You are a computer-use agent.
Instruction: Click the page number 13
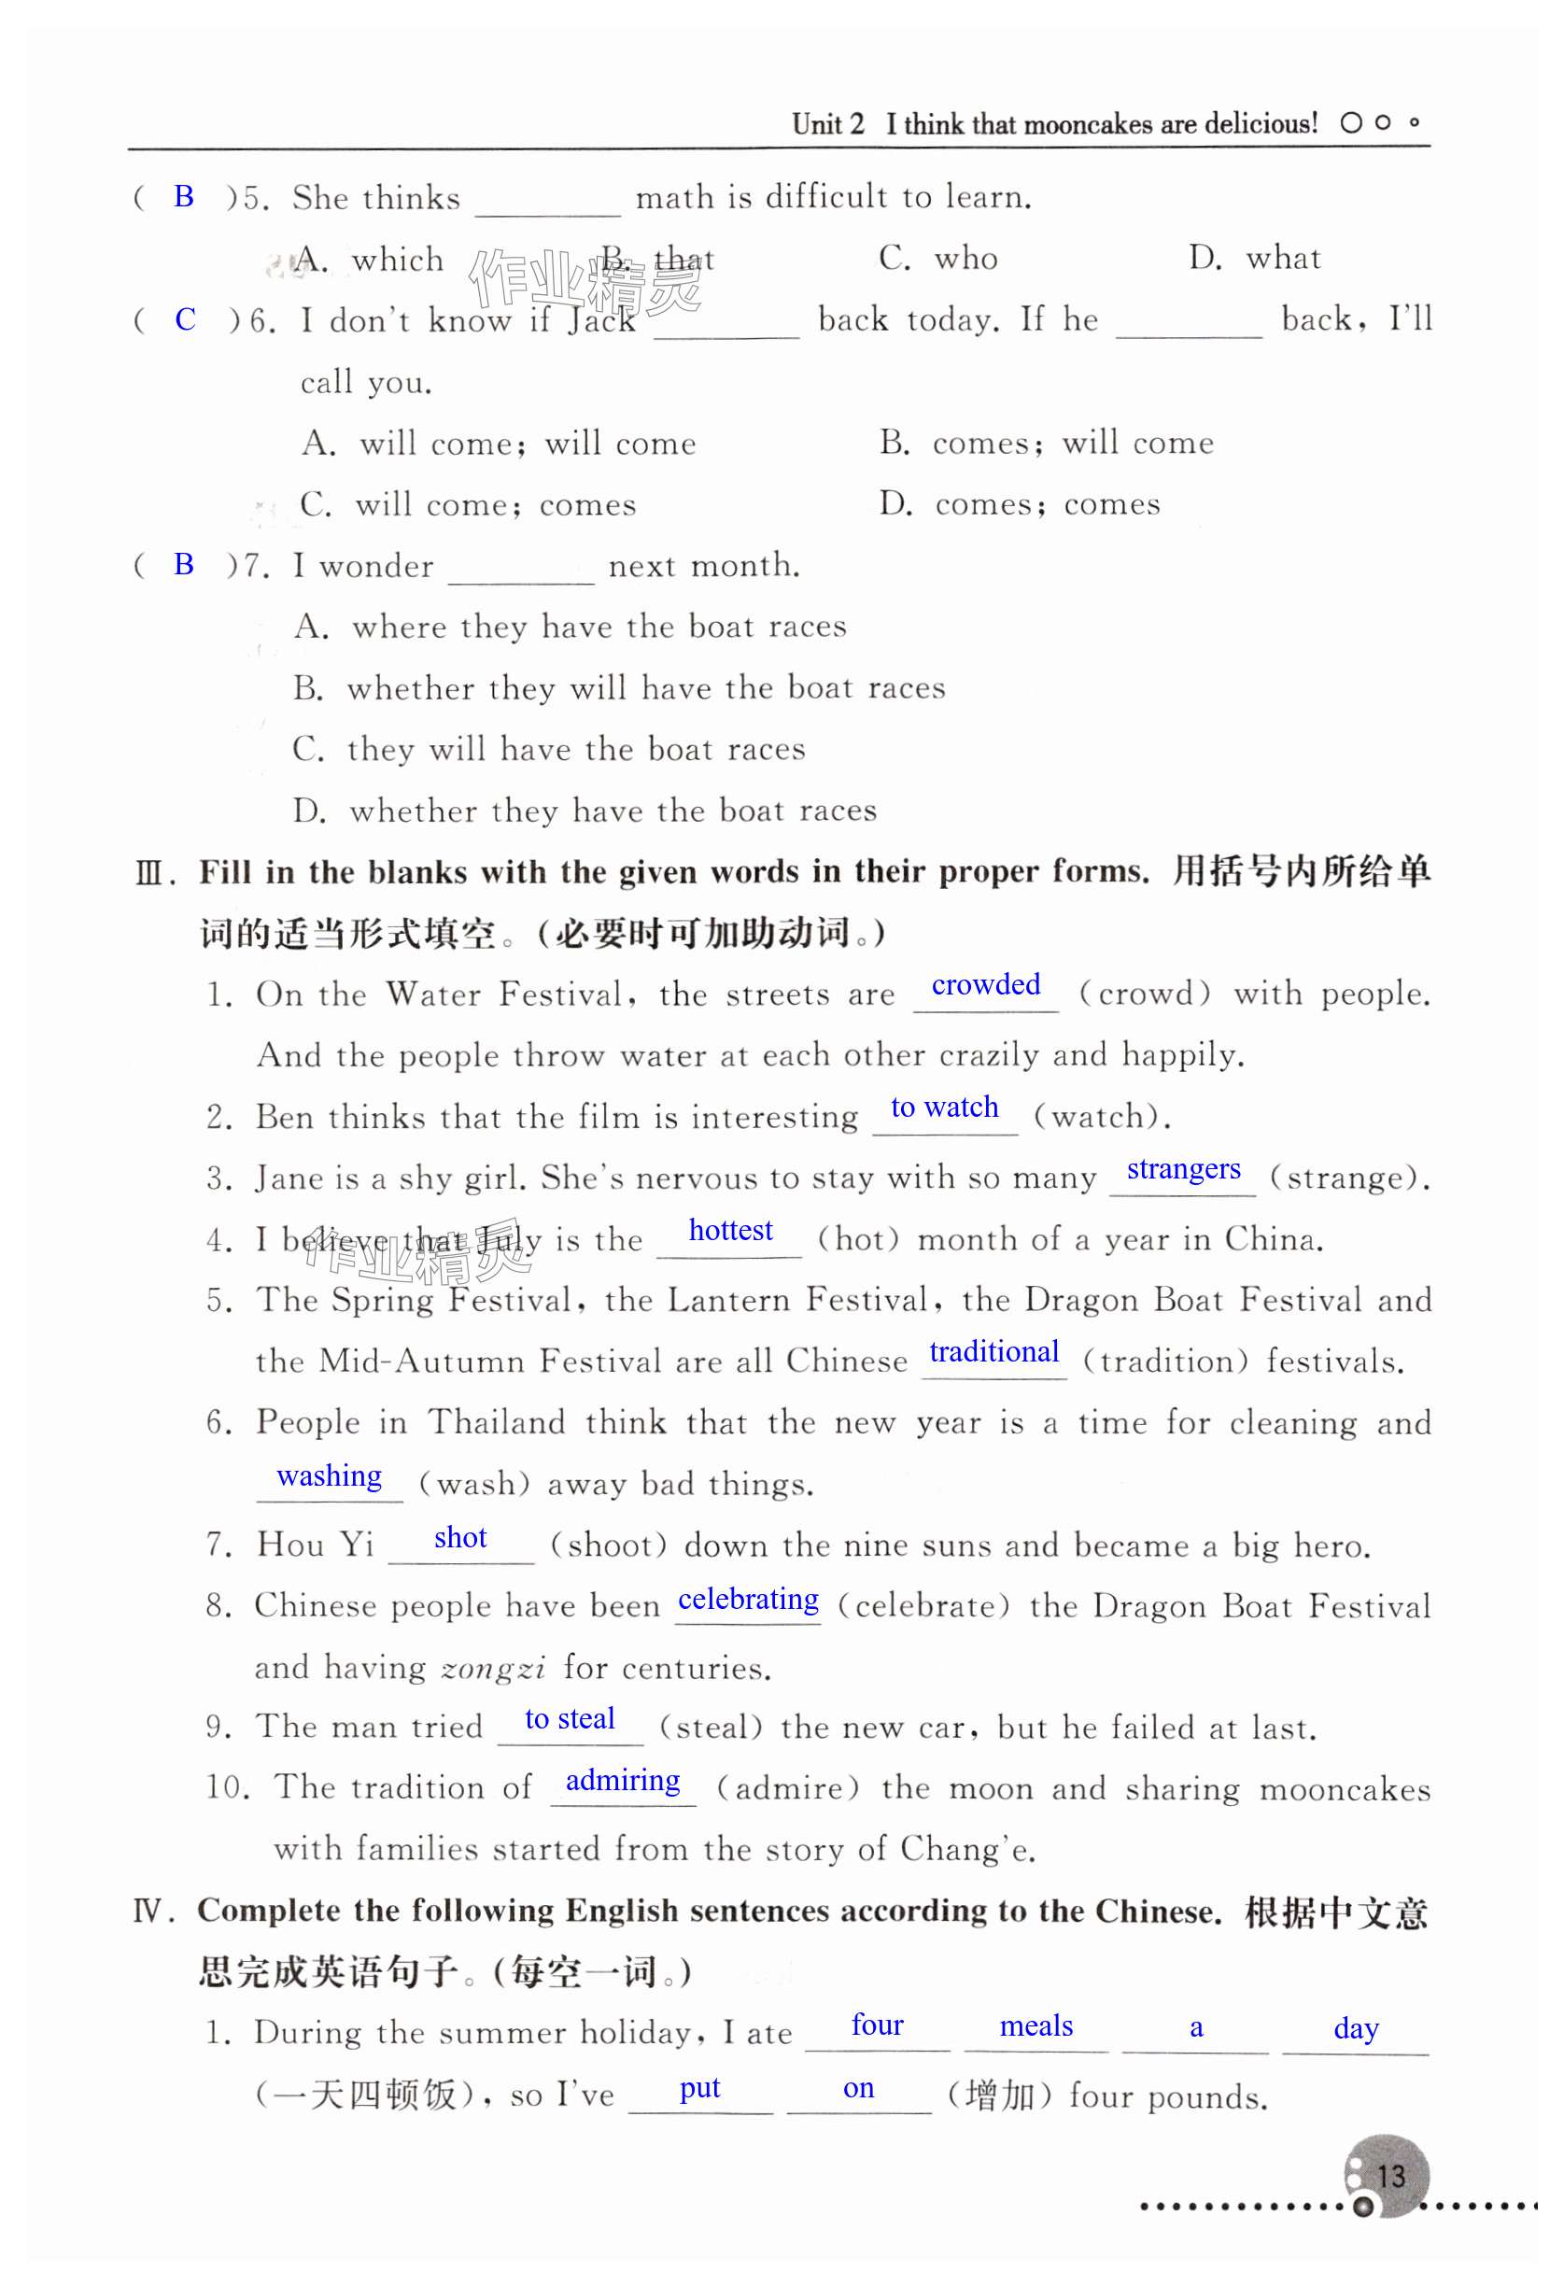pyautogui.click(x=1390, y=2176)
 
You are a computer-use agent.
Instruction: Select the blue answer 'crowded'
pyautogui.click(x=986, y=984)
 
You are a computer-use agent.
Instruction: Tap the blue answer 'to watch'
pyautogui.click(x=944, y=1108)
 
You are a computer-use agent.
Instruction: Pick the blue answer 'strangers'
pyautogui.click(x=1183, y=1169)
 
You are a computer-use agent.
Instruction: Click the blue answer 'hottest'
pyautogui.click(x=730, y=1231)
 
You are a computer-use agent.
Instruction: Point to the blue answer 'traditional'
pyautogui.click(x=993, y=1352)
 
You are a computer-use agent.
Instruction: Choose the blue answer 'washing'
pyautogui.click(x=330, y=1476)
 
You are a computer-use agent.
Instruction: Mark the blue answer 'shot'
pyautogui.click(x=460, y=1538)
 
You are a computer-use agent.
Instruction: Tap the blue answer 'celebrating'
pyautogui.click(x=748, y=1600)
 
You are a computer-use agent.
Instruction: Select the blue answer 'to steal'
pyautogui.click(x=570, y=1719)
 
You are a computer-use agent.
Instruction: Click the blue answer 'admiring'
pyautogui.click(x=623, y=1782)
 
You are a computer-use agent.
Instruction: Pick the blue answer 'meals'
pyautogui.click(x=1036, y=2026)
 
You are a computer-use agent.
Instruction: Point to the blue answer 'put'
pyautogui.click(x=699, y=2088)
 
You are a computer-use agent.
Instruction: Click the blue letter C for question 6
pyautogui.click(x=185, y=319)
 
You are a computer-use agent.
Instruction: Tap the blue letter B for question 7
pyautogui.click(x=184, y=565)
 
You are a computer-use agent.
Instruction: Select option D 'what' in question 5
pyautogui.click(x=1254, y=259)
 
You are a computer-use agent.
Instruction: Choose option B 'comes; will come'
pyautogui.click(x=1047, y=444)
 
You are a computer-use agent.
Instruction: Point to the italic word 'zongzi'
pyautogui.click(x=494, y=1668)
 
